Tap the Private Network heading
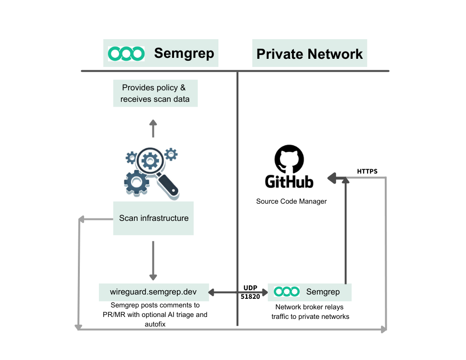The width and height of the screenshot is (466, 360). pyautogui.click(x=310, y=54)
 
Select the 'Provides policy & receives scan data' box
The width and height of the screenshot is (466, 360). pyautogui.click(x=155, y=93)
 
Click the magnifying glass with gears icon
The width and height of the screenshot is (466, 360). pyautogui.click(x=152, y=172)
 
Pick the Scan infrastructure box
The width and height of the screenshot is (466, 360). pyautogui.click(x=153, y=218)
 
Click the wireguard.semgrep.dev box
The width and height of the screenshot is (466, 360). pyautogui.click(x=153, y=291)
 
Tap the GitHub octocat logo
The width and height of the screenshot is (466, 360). pyautogui.click(x=289, y=160)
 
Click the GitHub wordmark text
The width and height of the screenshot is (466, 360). pyautogui.click(x=289, y=182)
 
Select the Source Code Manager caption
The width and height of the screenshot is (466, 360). pyautogui.click(x=291, y=201)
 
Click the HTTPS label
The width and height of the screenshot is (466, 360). pyautogui.click(x=367, y=171)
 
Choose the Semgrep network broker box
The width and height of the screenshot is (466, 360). pyautogui.click(x=310, y=291)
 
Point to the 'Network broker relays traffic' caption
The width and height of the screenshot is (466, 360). pyautogui.click(x=310, y=312)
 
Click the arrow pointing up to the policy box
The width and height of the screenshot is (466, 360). pyautogui.click(x=153, y=128)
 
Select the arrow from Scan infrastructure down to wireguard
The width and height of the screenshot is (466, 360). pyautogui.click(x=153, y=261)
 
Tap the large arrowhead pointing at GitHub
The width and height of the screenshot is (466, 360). pyautogui.click(x=333, y=179)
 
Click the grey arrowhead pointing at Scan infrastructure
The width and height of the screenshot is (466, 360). pyautogui.click(x=82, y=219)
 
